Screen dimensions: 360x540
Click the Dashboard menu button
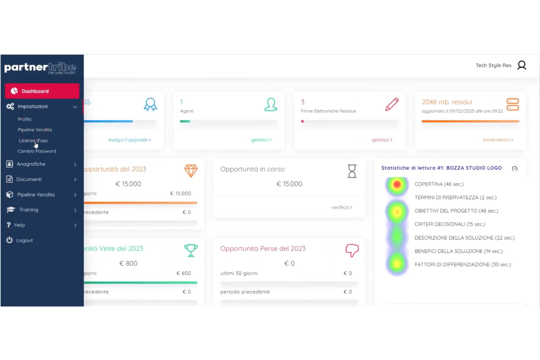42,91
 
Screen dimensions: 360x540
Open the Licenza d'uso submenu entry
33,140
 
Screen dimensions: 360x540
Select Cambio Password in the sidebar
37,151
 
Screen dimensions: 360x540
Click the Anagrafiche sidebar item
31,164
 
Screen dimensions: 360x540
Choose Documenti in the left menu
29,179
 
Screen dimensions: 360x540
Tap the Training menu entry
28,210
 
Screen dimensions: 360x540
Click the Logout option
24,240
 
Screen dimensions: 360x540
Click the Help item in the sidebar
19,225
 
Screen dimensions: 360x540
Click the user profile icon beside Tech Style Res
522,65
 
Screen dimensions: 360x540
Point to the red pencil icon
392,104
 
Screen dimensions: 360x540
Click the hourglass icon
352,171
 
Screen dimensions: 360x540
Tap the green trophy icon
191,250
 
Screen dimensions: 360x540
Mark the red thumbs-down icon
352,250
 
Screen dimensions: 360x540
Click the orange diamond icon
191,171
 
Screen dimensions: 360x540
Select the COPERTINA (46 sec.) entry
439,184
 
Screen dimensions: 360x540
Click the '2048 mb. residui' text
447,102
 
